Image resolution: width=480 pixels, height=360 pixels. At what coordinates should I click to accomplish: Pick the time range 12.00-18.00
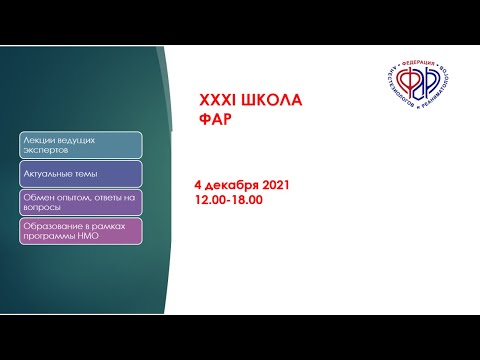230,200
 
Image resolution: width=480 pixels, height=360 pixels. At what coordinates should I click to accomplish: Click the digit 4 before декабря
199,186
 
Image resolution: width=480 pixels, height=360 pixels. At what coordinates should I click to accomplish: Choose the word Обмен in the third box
35,197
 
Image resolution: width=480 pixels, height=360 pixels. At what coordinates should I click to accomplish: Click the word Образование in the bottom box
48,226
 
